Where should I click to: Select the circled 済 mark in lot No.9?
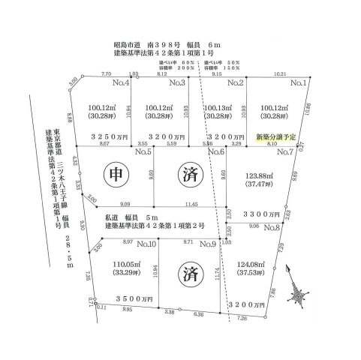coord(185,274)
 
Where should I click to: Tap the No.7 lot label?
coord(285,152)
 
